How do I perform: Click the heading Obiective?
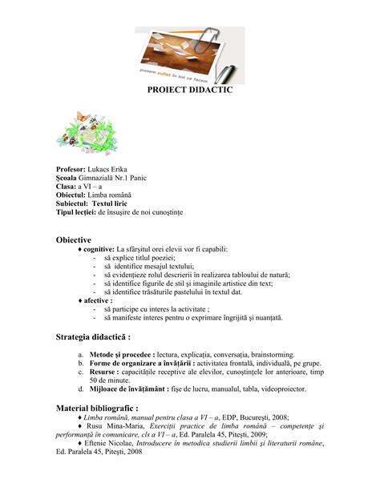click(x=73, y=239)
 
